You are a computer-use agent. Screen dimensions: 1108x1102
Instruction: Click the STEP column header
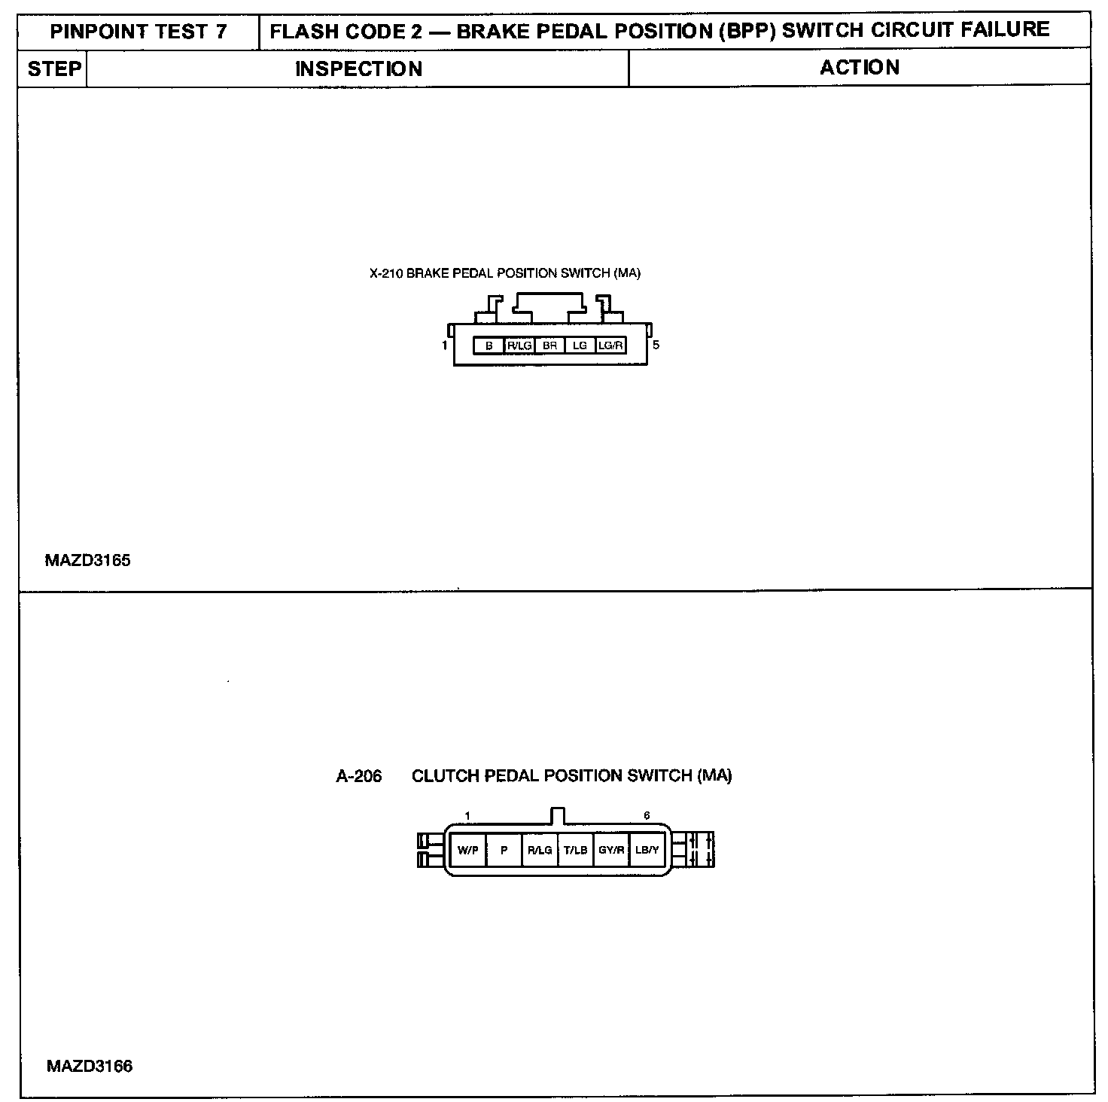(53, 69)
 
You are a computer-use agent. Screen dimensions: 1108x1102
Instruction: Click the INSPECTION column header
(358, 69)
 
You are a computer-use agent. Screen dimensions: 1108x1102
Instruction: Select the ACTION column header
(859, 68)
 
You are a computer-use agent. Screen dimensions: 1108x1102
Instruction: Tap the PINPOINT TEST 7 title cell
(138, 32)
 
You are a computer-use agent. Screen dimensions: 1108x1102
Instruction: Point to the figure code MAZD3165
(87, 560)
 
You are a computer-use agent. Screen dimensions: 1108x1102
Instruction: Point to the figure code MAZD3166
(89, 1066)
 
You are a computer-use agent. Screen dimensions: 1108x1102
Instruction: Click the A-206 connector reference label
(358, 776)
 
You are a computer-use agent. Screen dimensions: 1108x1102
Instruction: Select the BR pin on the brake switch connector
(549, 346)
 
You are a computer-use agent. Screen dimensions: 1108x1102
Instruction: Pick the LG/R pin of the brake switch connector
(610, 346)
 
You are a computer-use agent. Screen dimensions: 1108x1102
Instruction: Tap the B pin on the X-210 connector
(489, 346)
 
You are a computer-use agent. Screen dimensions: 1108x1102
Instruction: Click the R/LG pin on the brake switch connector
(519, 346)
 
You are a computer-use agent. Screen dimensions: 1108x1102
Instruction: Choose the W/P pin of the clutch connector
(467, 850)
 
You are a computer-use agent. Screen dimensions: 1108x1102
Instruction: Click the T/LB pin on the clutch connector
(576, 850)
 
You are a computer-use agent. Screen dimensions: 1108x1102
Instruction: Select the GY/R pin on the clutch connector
(611, 850)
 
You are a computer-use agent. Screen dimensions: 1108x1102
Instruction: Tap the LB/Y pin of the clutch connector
(647, 850)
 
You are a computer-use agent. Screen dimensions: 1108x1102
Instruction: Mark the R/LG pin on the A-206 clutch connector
(540, 850)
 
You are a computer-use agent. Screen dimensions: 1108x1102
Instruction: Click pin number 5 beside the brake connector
(656, 346)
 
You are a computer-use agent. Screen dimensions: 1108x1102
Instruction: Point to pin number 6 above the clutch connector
(647, 815)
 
